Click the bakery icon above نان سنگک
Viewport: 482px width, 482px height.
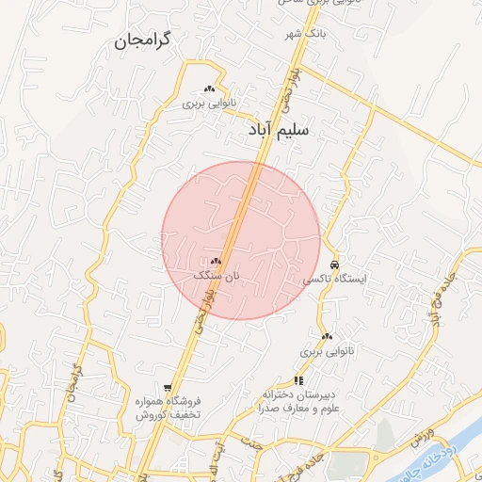(217, 261)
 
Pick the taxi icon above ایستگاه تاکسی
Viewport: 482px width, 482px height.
(335, 265)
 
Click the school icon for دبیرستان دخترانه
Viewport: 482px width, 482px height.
(299, 380)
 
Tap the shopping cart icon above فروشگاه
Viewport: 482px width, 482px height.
(168, 387)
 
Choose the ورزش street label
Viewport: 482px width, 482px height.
(420, 439)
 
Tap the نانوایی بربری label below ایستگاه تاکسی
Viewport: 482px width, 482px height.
(324, 351)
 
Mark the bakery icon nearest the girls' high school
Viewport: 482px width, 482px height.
(327, 336)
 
